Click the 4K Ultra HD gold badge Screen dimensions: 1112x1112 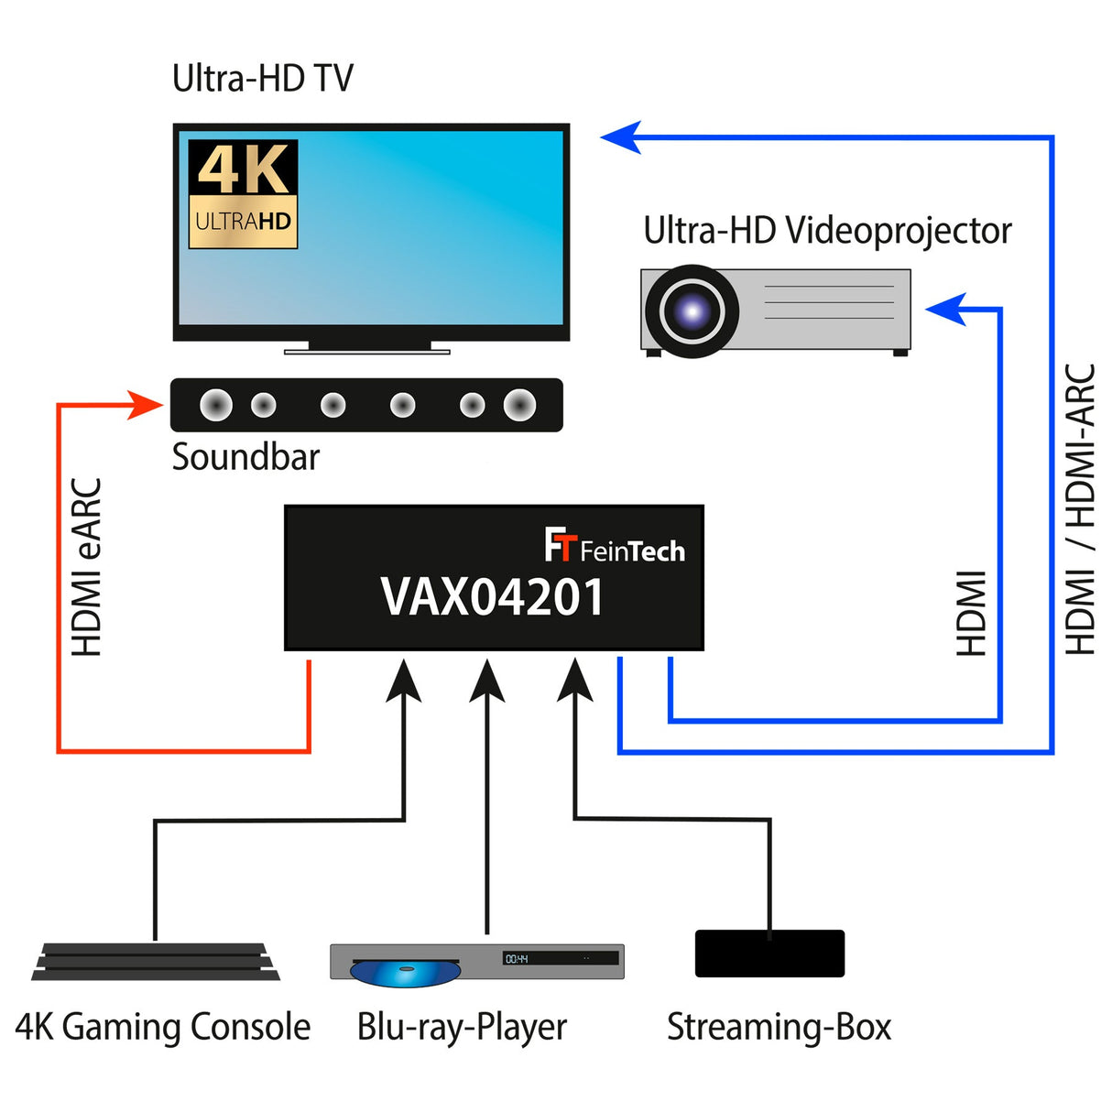(243, 194)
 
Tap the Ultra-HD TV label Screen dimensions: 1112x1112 (262, 79)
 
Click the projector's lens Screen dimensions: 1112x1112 (692, 311)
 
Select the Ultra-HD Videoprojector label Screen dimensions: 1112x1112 (826, 231)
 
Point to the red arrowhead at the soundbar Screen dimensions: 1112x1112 (146, 404)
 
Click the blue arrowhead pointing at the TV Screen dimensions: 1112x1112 (621, 137)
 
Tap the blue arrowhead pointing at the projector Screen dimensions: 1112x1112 (946, 310)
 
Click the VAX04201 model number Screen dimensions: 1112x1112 (492, 597)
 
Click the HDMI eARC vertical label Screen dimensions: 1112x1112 (88, 567)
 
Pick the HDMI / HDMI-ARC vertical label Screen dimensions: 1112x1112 (1081, 509)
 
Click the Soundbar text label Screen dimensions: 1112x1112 (245, 457)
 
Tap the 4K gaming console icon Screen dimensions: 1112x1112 (155, 962)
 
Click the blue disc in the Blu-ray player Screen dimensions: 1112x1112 (404, 972)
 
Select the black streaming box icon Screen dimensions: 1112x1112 (769, 954)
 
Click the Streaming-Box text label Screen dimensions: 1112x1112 (779, 1027)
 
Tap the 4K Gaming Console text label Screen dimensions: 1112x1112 (163, 1027)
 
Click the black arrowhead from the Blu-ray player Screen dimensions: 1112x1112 (486, 680)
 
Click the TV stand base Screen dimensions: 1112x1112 (366, 350)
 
